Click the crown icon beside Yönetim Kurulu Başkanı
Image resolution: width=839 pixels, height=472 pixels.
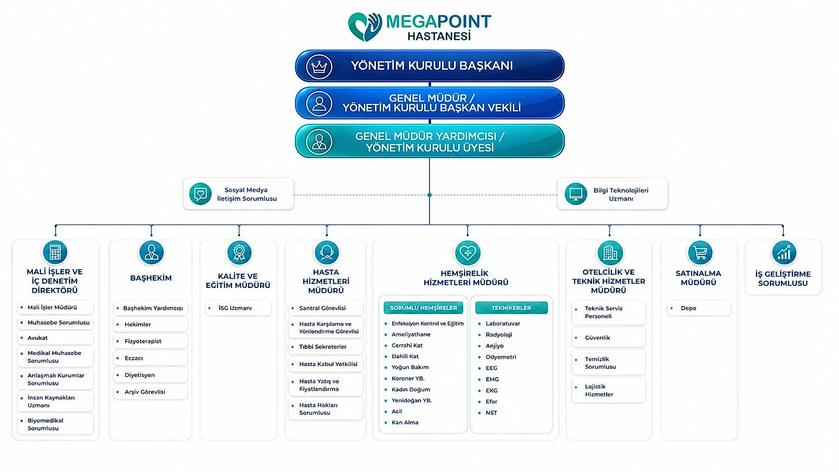point(319,67)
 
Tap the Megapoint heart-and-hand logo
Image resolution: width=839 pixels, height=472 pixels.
point(365,26)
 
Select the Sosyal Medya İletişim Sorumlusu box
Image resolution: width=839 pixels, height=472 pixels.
point(238,194)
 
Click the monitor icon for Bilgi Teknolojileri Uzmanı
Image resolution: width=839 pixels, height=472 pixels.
point(575,194)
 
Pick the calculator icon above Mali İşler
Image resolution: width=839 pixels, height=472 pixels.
point(55,252)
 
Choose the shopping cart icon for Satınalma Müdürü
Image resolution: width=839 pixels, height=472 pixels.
point(700,252)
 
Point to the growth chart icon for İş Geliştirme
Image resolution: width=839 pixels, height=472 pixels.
point(783,252)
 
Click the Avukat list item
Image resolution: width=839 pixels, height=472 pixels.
point(56,338)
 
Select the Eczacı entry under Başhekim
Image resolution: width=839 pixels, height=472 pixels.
point(150,358)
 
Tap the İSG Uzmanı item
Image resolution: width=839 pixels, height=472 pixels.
point(238,308)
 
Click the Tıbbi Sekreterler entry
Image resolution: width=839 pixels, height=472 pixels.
point(326,347)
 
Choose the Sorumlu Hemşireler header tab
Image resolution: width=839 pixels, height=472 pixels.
point(423,307)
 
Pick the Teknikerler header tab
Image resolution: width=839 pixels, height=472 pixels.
point(511,307)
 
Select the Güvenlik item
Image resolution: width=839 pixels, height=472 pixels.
point(609,338)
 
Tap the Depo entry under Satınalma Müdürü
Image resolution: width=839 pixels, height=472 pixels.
point(699,308)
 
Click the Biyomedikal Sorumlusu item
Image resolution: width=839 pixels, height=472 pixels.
point(56,424)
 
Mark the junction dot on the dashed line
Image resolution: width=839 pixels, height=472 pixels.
point(429,195)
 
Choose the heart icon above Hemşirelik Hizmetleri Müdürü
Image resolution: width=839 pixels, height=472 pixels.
point(467,252)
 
